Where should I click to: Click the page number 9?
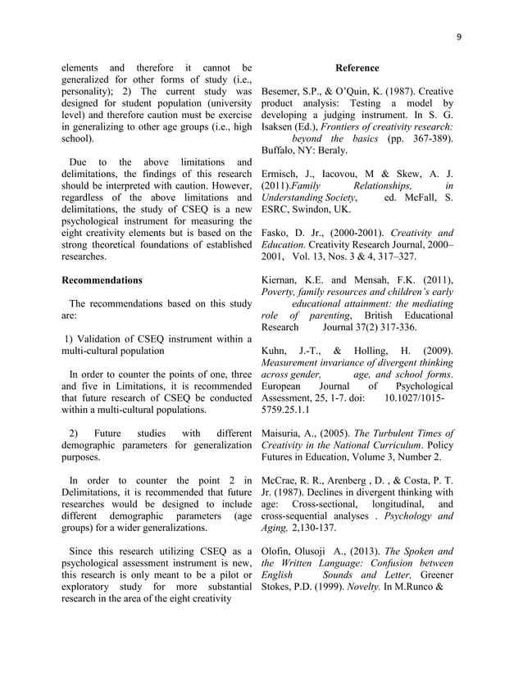(459, 36)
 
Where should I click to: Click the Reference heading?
(357, 68)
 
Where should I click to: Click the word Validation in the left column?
(98, 339)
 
